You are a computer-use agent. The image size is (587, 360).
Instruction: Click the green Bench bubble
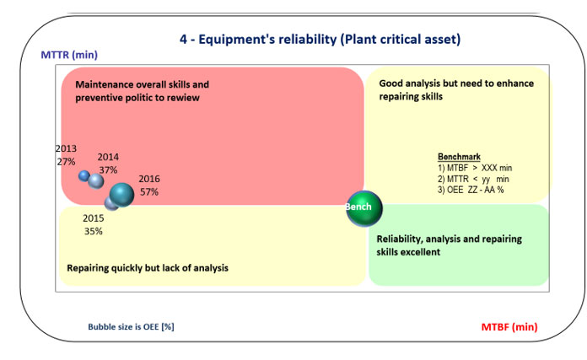pos(364,208)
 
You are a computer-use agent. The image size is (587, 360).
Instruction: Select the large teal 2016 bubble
pos(121,195)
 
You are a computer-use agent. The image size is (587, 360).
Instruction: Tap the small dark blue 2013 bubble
pos(84,175)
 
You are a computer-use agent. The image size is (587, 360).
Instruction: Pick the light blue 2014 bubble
pos(96,181)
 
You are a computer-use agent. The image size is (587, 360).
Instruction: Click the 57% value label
pos(149,192)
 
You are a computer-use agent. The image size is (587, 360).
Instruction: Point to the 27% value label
pos(67,162)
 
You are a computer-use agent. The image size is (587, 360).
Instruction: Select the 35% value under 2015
pos(94,231)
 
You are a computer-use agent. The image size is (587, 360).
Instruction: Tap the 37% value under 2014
pos(108,170)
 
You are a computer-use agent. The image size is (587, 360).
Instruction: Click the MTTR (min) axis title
pos(69,55)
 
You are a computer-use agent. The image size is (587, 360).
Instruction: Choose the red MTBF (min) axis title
pos(509,327)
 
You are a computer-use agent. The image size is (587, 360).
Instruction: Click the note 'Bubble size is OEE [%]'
pos(131,326)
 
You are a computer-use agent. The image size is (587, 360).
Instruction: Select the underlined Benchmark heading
pos(459,157)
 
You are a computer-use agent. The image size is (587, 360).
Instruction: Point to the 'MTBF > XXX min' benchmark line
pos(475,168)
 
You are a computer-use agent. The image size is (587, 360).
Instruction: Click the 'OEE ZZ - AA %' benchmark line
pos(471,190)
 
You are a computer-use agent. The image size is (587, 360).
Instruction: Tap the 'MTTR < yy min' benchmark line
pos(473,179)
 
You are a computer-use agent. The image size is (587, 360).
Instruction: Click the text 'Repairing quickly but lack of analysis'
pos(148,268)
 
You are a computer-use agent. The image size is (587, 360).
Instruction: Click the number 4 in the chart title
pos(183,40)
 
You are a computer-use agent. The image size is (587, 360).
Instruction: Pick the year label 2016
pos(149,179)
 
